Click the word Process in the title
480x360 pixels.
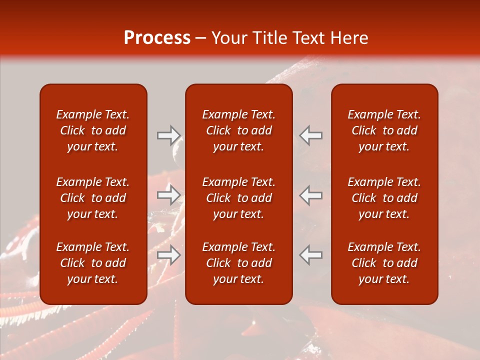157,38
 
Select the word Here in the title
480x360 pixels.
350,38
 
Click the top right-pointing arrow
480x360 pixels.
168,135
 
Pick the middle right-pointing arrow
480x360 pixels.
168,195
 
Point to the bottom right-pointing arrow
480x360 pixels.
168,255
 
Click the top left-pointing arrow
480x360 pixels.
310,135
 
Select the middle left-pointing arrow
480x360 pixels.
310,195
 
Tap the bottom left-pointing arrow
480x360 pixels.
310,255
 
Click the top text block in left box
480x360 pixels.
93,130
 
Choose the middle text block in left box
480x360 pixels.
93,198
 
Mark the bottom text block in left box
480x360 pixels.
93,263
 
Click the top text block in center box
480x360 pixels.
238,130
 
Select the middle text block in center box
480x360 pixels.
238,198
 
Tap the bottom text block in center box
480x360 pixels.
238,263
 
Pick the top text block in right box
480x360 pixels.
384,130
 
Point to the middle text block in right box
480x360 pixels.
384,198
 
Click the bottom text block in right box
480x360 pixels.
384,263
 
